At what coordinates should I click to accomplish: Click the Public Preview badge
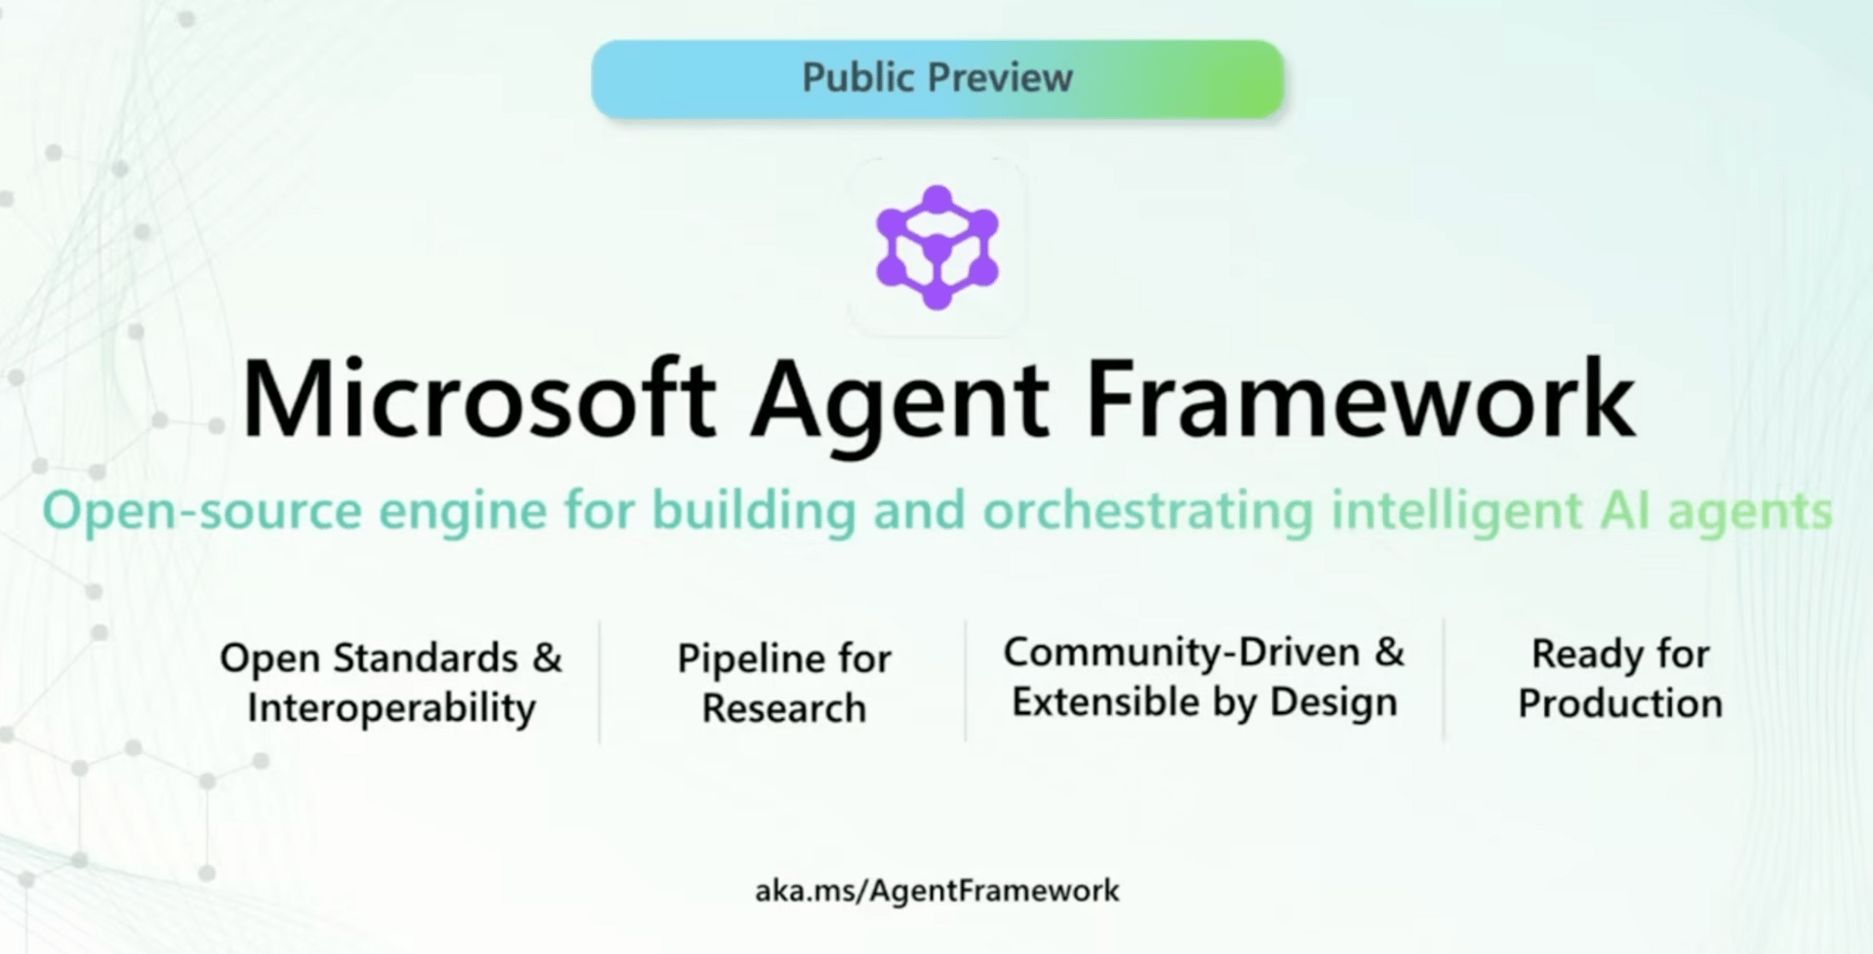tap(936, 79)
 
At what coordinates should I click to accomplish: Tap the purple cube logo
tap(936, 248)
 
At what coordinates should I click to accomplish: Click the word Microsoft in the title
tap(479, 399)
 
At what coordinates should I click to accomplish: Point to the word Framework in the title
tap(1361, 398)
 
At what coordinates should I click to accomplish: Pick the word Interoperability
tap(391, 708)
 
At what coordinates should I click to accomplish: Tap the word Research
tap(783, 708)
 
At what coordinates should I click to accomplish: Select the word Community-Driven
tap(1181, 652)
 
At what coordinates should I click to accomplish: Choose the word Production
tap(1620, 703)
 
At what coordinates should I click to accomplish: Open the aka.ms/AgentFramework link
tap(936, 891)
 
